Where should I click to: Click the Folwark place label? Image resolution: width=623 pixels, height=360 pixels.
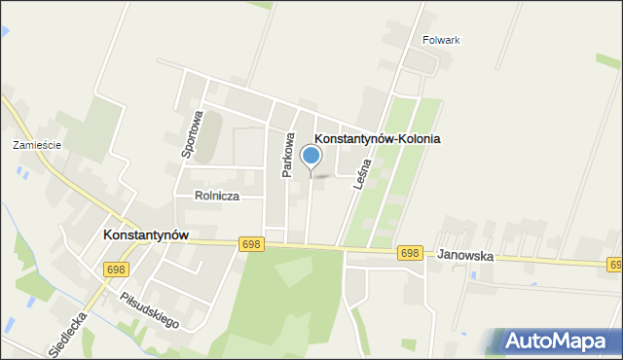441,40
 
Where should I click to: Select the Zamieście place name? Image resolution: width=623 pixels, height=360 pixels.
37,145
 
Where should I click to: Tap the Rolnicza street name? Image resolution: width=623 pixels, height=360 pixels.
217,196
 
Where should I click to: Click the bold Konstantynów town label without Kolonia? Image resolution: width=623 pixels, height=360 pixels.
145,235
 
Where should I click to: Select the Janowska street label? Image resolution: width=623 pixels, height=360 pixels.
465,256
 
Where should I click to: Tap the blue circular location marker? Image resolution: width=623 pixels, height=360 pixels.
311,156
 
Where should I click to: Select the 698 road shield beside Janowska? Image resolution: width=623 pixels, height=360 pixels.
410,253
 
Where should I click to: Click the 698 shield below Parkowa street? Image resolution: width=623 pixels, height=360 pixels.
250,244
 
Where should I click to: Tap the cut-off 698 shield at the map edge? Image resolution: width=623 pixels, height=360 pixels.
615,264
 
